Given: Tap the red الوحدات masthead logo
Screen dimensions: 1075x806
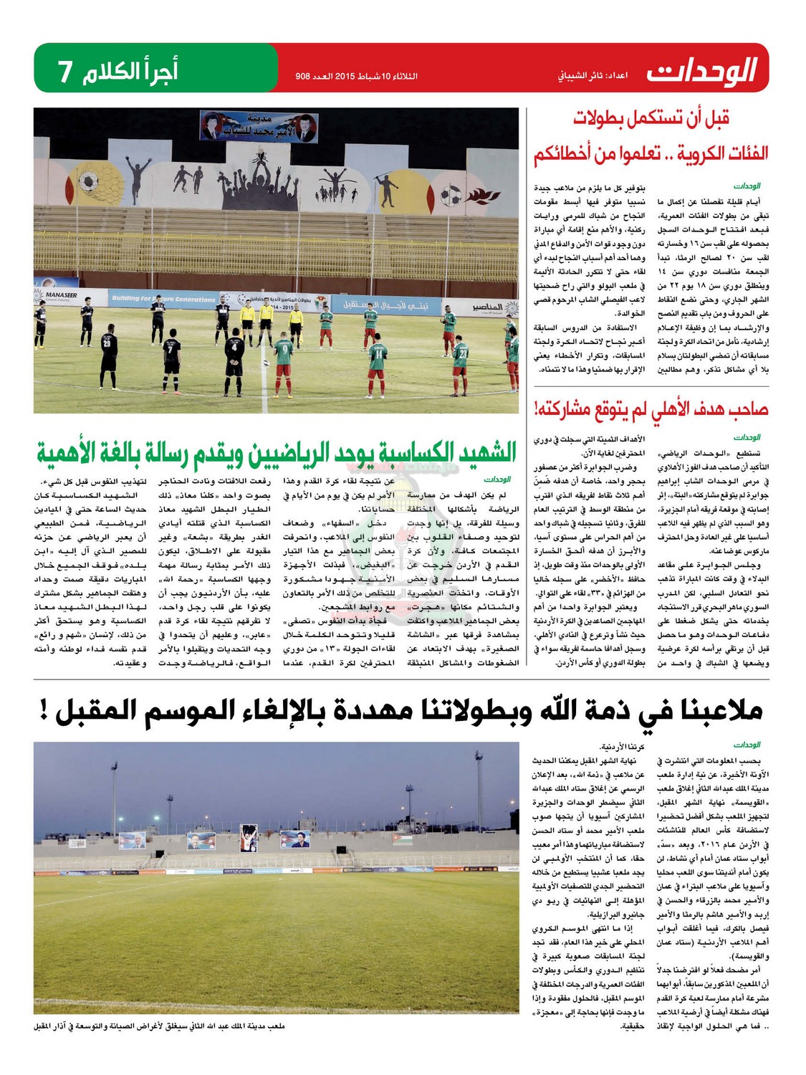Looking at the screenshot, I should coord(702,71).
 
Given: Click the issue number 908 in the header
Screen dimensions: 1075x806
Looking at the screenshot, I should coord(306,75).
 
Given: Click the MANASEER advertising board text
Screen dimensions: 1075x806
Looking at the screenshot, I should coord(61,295).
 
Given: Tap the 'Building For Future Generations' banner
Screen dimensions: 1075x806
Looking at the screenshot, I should coord(163,298).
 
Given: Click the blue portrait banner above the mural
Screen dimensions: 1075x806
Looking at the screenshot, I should coord(259,127).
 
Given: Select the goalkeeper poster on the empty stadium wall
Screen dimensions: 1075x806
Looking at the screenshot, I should coord(247,837).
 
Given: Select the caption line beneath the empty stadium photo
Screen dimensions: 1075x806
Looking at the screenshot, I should coord(159,1026).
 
